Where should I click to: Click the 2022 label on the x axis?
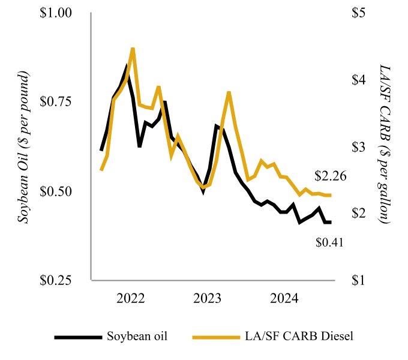point(131,298)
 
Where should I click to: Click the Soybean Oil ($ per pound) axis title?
point(24,147)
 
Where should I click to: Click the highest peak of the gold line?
point(133,49)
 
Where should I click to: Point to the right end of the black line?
point(331,223)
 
